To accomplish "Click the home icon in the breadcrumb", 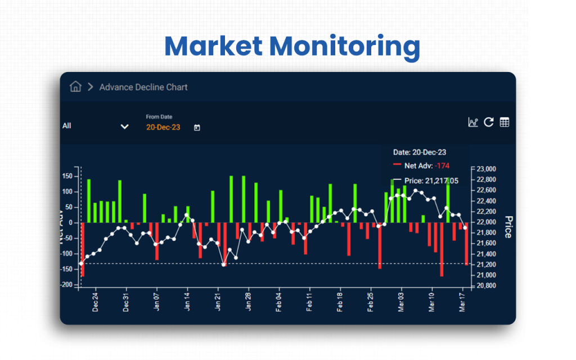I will coord(75,87).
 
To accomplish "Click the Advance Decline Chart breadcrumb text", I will coord(143,87).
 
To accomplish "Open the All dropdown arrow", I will coord(125,127).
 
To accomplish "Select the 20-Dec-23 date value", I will coord(163,128).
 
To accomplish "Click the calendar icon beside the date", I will coord(197,128).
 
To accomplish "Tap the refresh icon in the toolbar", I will coord(488,122).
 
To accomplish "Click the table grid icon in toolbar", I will coord(505,122).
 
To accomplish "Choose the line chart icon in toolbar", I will coord(472,122).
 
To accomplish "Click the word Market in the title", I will coord(213,46).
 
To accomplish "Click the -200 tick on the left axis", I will coord(67,285).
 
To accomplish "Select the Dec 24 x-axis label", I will coord(96,301).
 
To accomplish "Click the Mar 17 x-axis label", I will coord(463,301).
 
